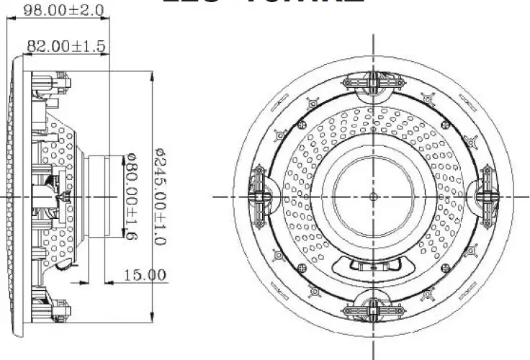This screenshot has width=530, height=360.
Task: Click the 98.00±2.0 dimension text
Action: point(64,10)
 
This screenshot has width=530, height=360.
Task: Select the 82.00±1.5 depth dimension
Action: point(66,46)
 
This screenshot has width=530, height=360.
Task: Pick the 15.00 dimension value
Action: point(145,275)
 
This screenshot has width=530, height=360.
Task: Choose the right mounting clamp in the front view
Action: point(487,196)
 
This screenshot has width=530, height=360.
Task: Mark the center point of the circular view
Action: point(373,196)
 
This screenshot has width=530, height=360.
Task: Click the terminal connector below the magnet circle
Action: point(373,264)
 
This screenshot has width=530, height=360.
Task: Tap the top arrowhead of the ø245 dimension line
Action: point(151,75)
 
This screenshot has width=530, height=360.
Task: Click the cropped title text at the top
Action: point(263,3)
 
